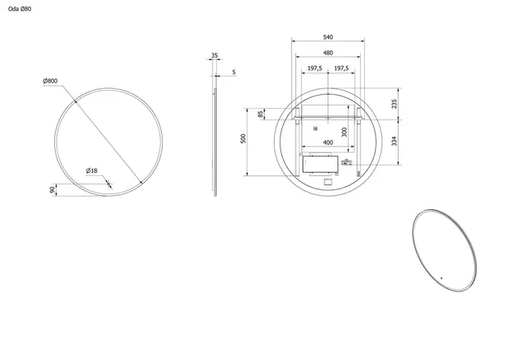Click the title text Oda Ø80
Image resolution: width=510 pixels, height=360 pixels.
pyautogui.click(x=18, y=8)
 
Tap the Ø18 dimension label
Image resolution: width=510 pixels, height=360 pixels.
pyautogui.click(x=92, y=170)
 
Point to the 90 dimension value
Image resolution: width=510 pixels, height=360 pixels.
pyautogui.click(x=52, y=190)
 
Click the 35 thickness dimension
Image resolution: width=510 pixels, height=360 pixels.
pyautogui.click(x=214, y=56)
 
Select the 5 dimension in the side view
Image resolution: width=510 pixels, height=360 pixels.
pyautogui.click(x=233, y=72)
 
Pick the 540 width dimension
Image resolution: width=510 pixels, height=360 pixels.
pyautogui.click(x=328, y=37)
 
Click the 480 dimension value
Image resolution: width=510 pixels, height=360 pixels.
pyautogui.click(x=328, y=53)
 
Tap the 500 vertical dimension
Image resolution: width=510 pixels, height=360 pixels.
pyautogui.click(x=244, y=139)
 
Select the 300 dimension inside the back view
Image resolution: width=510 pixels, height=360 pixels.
pyautogui.click(x=344, y=132)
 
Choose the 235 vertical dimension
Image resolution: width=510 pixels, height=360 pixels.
pyautogui.click(x=394, y=103)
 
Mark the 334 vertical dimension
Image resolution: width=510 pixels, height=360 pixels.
pyautogui.click(x=394, y=143)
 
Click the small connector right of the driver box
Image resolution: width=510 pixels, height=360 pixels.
pyautogui.click(x=345, y=162)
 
